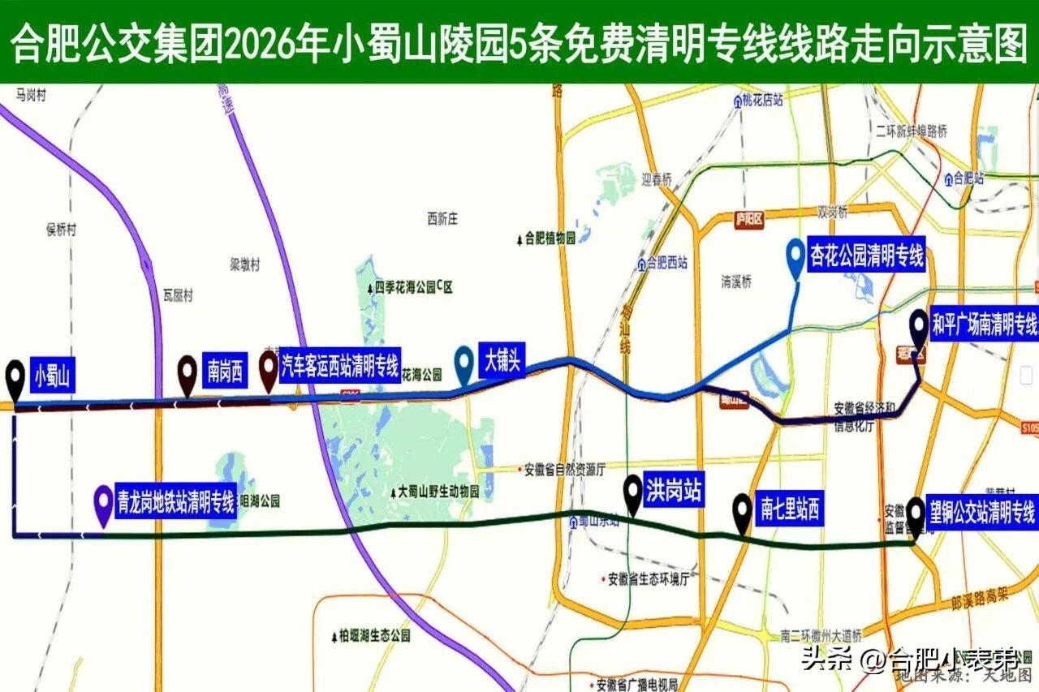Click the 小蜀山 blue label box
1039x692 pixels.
[53, 376]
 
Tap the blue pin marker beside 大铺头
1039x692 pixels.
[464, 363]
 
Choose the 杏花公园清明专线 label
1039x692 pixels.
[867, 258]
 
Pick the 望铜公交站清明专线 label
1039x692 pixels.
[982, 513]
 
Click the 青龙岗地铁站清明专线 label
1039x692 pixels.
[176, 503]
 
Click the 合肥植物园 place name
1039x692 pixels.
[550, 239]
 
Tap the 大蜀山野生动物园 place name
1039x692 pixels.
[438, 492]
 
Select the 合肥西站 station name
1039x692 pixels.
[667, 263]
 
